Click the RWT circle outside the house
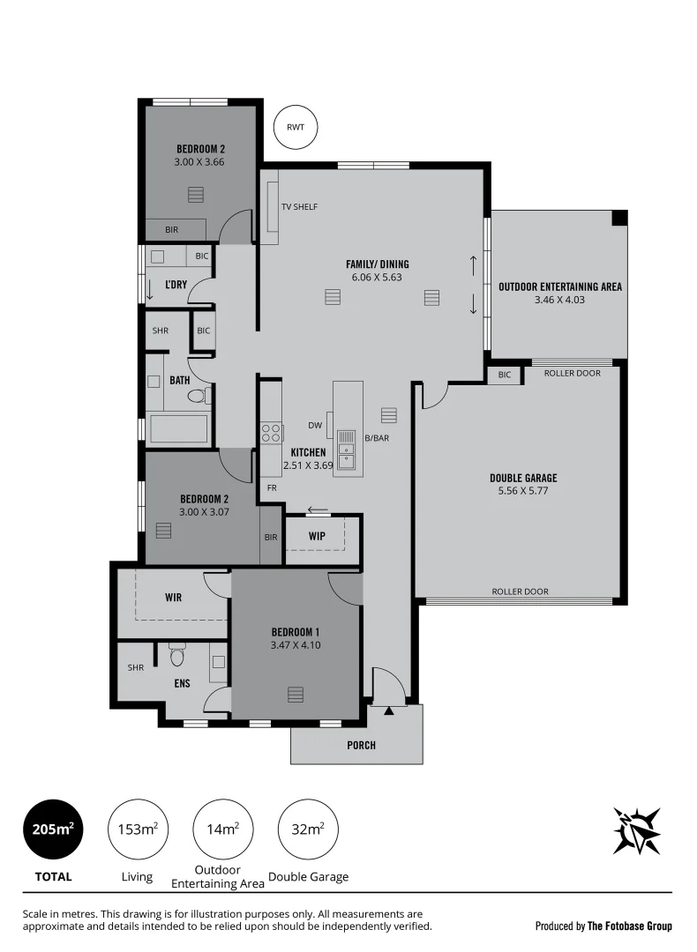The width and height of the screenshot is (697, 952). (x=295, y=127)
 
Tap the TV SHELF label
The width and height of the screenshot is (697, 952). (x=299, y=207)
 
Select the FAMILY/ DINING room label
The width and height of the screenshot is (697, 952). (x=377, y=264)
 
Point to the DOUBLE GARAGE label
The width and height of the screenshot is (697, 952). (x=523, y=479)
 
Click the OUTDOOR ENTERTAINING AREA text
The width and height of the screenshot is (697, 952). (x=559, y=286)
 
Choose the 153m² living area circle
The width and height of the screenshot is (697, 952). (x=138, y=829)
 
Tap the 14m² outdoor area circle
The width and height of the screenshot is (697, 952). (x=223, y=829)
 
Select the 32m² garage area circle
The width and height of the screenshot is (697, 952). (x=308, y=829)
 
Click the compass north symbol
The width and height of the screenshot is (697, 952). (x=637, y=829)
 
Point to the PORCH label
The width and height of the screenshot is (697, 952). (x=361, y=746)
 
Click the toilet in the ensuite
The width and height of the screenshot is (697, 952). (x=176, y=656)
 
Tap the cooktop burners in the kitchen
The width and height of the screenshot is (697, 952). (x=271, y=432)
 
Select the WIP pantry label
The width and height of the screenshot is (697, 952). (x=318, y=536)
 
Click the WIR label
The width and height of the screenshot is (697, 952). (x=173, y=598)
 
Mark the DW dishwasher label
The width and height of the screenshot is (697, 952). (x=315, y=426)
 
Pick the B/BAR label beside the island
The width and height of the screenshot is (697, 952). (x=377, y=438)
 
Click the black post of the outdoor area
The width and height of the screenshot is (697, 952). (x=619, y=218)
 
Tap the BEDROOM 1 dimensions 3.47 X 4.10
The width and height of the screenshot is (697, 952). (x=295, y=645)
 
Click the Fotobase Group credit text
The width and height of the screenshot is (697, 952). (x=603, y=926)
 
